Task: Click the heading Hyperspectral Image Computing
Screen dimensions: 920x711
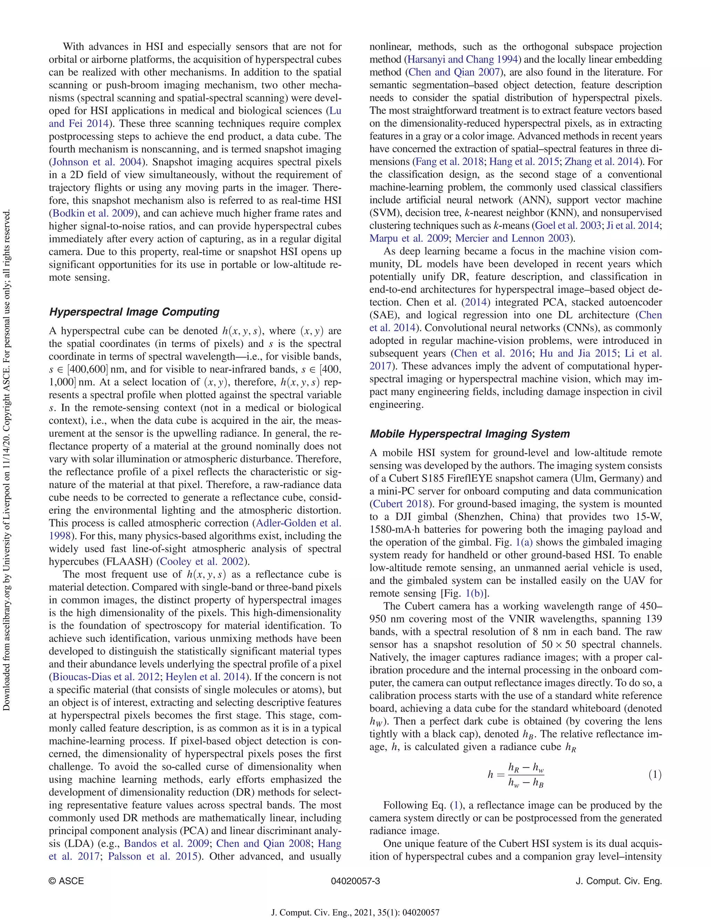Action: (134, 312)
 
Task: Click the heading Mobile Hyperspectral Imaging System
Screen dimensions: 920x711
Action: (469, 434)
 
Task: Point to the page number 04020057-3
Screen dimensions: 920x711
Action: (355, 881)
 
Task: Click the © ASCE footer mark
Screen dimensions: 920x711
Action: (66, 881)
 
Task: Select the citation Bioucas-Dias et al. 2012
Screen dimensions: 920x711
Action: (106, 677)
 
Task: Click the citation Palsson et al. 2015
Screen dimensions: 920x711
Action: (152, 856)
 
